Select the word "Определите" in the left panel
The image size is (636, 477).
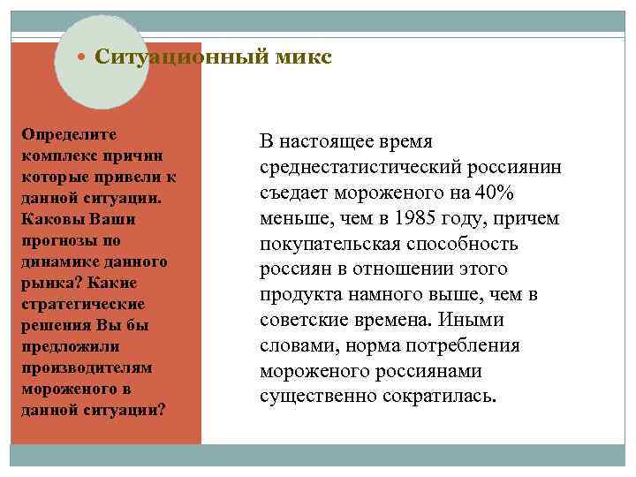click(x=69, y=133)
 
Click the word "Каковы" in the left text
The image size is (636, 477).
click(x=49, y=218)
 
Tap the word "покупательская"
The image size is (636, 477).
click(x=333, y=244)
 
